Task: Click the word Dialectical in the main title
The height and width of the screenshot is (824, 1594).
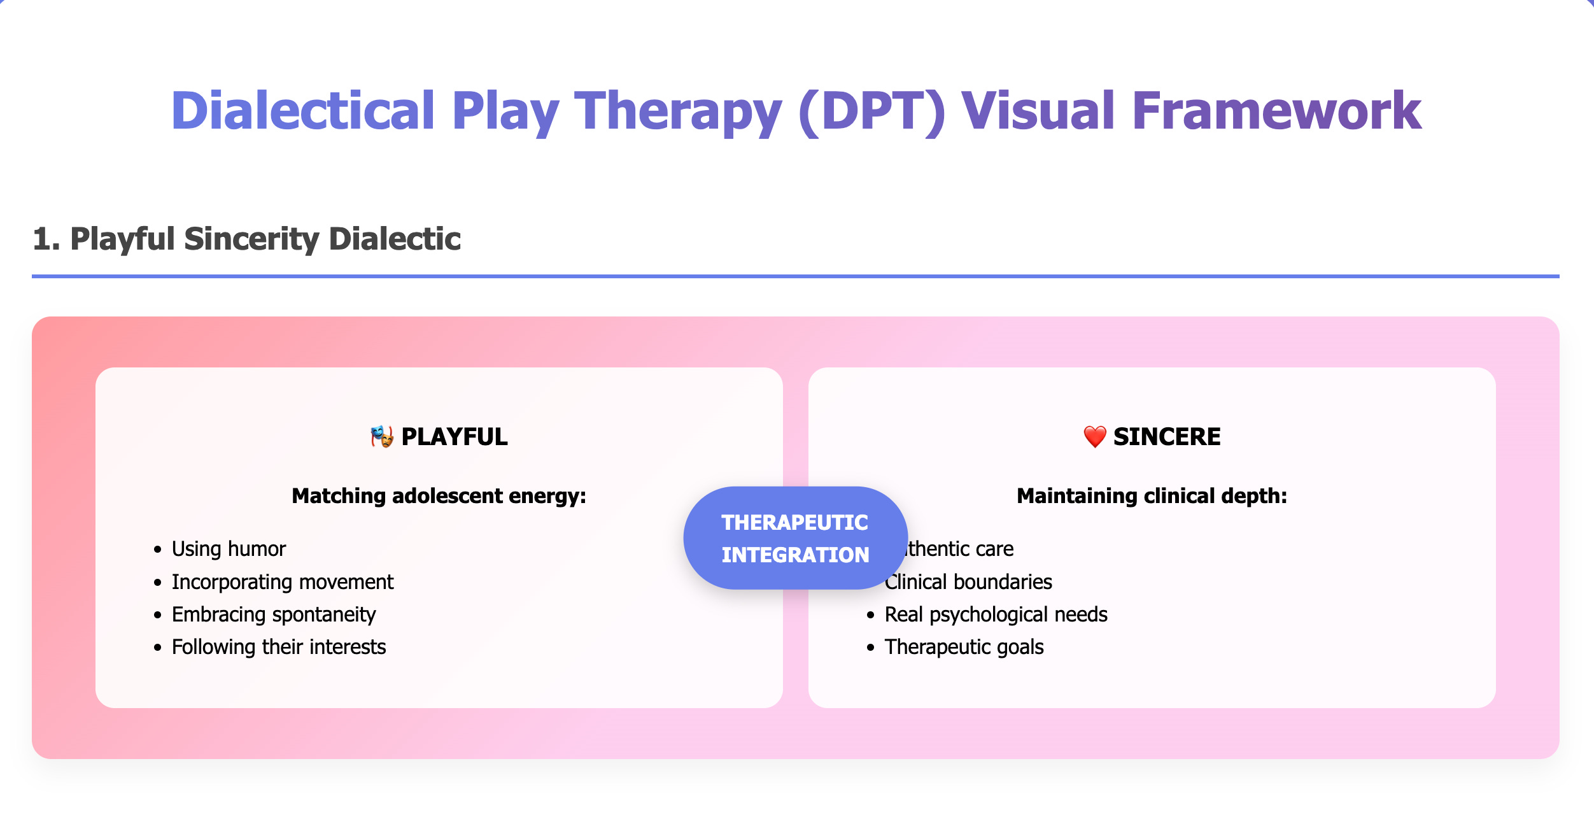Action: point(303,111)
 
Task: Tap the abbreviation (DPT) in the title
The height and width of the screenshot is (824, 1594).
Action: point(871,111)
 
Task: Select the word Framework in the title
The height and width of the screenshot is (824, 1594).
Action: point(1276,111)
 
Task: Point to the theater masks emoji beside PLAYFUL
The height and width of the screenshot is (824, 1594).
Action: point(382,437)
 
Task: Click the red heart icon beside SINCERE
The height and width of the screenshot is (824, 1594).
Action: point(1095,437)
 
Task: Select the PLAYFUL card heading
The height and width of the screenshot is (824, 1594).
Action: point(455,437)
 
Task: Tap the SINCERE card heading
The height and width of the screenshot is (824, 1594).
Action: point(1167,437)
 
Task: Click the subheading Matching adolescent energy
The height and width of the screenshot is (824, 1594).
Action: point(439,496)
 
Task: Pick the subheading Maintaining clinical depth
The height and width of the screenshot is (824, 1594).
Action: point(1152,496)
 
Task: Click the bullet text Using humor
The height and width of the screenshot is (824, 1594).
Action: point(229,549)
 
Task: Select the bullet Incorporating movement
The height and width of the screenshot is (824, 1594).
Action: point(283,582)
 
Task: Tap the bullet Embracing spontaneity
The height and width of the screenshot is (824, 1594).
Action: point(274,614)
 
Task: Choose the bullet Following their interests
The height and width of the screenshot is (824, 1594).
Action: point(279,647)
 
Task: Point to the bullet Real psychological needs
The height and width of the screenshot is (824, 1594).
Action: point(996,614)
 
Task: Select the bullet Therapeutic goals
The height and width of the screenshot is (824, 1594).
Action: point(964,647)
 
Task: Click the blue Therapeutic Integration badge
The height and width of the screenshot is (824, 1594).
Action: point(795,538)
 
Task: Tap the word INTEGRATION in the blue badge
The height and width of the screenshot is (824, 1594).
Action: point(795,555)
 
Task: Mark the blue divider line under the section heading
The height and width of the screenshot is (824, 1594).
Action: point(795,276)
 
